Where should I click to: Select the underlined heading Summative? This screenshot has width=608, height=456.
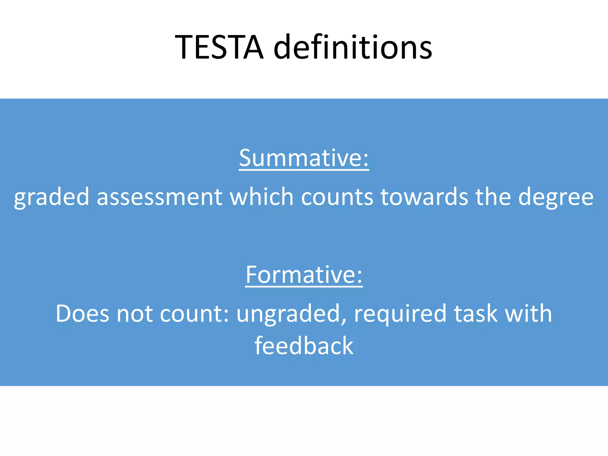pos(304,158)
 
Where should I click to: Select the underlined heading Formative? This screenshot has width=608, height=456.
pos(304,275)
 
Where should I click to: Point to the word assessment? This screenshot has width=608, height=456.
pos(159,197)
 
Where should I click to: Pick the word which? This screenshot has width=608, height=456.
pos(262,197)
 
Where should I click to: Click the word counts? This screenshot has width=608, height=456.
pos(337,197)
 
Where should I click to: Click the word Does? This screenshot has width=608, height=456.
pos(82,313)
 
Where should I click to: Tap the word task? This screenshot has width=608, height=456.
pos(476,313)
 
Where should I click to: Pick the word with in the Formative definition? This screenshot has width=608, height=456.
pos(528,313)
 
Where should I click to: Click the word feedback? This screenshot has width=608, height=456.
pos(304,346)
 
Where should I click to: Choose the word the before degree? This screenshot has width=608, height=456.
pos(493,197)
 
